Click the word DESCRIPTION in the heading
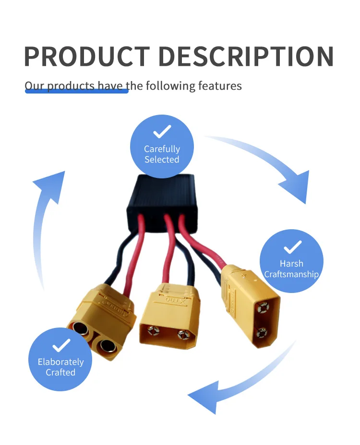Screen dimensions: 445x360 click(x=246, y=57)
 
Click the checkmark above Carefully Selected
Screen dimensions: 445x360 click(x=162, y=131)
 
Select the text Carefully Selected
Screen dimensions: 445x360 click(x=162, y=154)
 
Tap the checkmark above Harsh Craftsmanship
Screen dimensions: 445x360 click(x=292, y=247)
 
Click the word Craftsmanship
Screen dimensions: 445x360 click(x=291, y=275)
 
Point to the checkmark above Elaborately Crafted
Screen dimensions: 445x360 click(x=60, y=345)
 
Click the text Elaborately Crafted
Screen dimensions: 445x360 click(x=60, y=367)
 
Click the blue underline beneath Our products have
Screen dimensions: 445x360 click(x=76, y=91)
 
